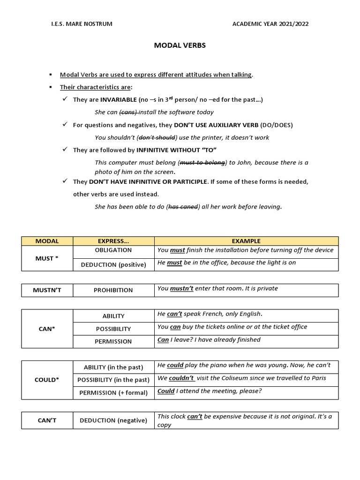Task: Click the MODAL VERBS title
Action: tap(180, 46)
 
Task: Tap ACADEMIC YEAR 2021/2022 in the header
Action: tap(271, 24)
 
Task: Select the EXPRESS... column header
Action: tap(113, 241)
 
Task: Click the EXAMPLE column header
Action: tap(246, 241)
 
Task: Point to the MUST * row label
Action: tap(47, 258)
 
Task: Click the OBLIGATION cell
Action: tap(113, 250)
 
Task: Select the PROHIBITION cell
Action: tap(113, 290)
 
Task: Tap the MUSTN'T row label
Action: tap(47, 290)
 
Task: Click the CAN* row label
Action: tap(47, 329)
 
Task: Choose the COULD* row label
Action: tap(47, 380)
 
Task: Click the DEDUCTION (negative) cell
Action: tap(113, 420)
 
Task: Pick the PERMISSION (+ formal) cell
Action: tap(113, 392)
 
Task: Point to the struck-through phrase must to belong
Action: tap(202, 163)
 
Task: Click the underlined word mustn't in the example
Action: tap(181, 289)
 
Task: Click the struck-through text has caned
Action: tap(183, 207)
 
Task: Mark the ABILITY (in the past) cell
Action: tap(113, 367)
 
